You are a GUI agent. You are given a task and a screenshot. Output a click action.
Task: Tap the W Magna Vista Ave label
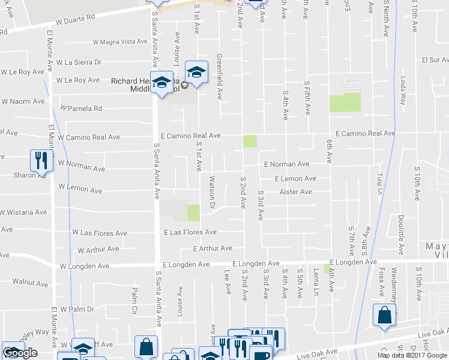tap(120, 42)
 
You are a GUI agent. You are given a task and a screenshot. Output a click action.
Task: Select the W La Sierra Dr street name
tap(79, 62)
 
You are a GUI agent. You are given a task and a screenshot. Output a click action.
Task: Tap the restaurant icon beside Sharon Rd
tap(40, 160)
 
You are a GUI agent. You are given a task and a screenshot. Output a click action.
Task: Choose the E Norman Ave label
tap(287, 164)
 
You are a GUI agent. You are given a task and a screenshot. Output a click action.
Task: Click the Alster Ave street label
tap(295, 192)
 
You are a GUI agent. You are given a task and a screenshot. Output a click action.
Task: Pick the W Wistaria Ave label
tap(23, 212)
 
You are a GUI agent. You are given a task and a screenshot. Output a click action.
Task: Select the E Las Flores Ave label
tap(190, 232)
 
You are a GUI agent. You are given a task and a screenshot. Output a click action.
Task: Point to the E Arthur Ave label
tap(212, 248)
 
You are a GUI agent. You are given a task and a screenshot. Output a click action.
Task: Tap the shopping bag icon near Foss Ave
tap(384, 315)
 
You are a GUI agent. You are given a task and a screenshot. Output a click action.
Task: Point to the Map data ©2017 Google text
tap(411, 355)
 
